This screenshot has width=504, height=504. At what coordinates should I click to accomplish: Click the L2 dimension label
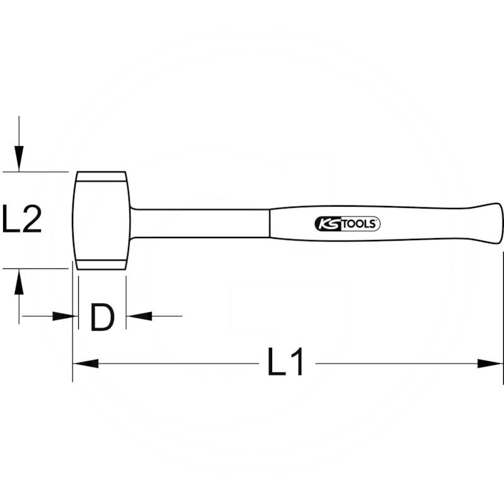coord(22,219)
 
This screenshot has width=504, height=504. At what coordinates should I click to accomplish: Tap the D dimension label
coord(102,318)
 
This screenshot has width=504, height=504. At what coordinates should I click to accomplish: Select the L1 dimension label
coord(285,362)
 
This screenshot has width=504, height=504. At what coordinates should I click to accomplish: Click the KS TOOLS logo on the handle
coord(347,224)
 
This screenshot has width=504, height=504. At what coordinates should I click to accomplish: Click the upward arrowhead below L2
coord(19,282)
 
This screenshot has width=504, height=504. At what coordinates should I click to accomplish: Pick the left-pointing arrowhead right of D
coord(139,316)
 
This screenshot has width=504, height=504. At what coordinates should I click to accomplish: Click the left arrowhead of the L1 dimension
coord(86,364)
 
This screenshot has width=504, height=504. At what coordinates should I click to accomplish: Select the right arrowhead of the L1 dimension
coord(490,364)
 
